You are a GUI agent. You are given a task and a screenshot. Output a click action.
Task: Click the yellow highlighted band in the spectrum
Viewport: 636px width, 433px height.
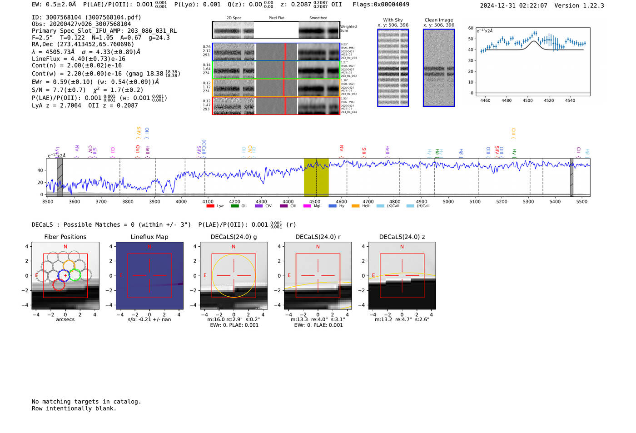click(316, 177)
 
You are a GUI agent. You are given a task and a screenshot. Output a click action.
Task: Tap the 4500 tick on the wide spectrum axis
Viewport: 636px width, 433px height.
click(315, 202)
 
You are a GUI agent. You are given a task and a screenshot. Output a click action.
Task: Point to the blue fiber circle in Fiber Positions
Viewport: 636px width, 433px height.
click(64, 275)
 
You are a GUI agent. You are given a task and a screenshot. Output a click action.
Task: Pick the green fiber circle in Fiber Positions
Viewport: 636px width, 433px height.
click(75, 275)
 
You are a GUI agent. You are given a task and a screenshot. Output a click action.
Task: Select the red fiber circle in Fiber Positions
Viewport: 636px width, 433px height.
click(58, 285)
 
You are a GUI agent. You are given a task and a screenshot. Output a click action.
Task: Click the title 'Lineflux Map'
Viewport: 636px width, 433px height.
click(149, 237)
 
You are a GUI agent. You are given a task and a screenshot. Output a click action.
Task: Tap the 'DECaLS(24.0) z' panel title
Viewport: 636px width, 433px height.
click(402, 237)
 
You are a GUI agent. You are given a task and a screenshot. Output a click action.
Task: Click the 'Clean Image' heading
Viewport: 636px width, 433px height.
click(438, 20)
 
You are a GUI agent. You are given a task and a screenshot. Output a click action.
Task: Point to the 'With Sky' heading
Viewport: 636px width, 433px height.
click(393, 20)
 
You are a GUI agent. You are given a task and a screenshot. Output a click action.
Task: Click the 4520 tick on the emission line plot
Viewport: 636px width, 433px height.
click(549, 100)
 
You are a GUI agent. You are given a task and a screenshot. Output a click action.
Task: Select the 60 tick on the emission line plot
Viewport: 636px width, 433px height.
click(471, 28)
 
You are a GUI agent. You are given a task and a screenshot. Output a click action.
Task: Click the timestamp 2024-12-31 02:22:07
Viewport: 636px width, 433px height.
click(513, 5)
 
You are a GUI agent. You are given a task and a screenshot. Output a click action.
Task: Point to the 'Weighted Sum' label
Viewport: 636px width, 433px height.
click(348, 29)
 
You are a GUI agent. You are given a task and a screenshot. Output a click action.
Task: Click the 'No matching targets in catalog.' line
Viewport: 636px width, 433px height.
click(86, 402)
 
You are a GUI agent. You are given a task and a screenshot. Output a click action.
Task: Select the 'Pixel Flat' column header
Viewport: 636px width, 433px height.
click(276, 18)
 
